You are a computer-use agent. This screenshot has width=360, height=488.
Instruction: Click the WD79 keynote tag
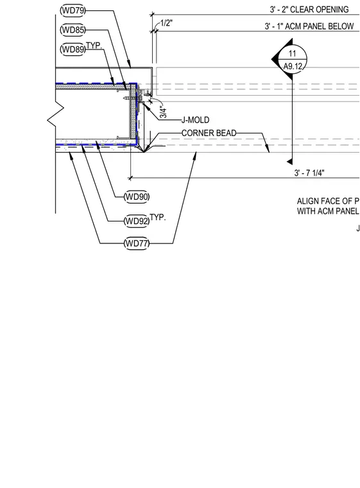click(73, 10)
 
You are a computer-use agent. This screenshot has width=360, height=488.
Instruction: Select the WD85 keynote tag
click(73, 30)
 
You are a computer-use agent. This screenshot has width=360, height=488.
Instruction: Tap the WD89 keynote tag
click(73, 49)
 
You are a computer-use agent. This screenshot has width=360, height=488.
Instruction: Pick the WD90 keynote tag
click(137, 197)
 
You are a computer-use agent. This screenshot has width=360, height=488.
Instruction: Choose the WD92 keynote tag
click(137, 222)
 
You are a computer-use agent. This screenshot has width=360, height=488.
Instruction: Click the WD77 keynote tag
click(137, 243)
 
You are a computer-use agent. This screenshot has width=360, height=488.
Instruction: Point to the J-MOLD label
click(196, 120)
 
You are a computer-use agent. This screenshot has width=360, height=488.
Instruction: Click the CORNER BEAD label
click(209, 133)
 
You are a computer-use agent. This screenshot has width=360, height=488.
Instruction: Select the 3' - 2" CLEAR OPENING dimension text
click(309, 10)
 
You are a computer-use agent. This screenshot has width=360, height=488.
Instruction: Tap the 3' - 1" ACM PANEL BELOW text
click(309, 26)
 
